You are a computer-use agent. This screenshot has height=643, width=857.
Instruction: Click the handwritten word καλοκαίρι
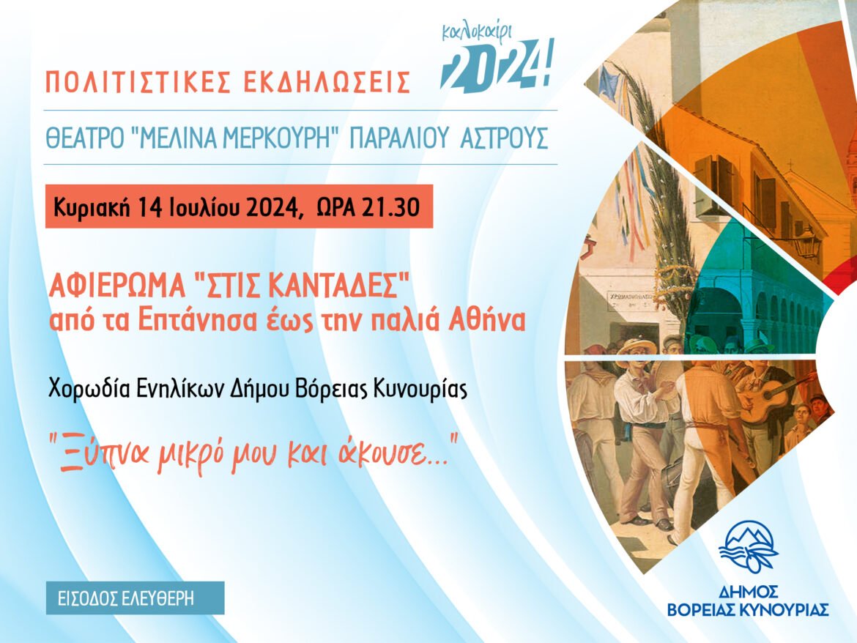click(x=477, y=34)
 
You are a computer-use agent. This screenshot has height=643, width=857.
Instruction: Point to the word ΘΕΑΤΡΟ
click(x=85, y=138)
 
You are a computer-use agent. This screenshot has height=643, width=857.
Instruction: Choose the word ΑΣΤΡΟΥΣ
click(x=504, y=138)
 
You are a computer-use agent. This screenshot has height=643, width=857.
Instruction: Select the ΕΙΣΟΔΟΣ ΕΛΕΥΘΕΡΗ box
click(x=135, y=598)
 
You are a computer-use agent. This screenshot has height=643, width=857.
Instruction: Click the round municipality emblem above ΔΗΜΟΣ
click(x=748, y=546)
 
